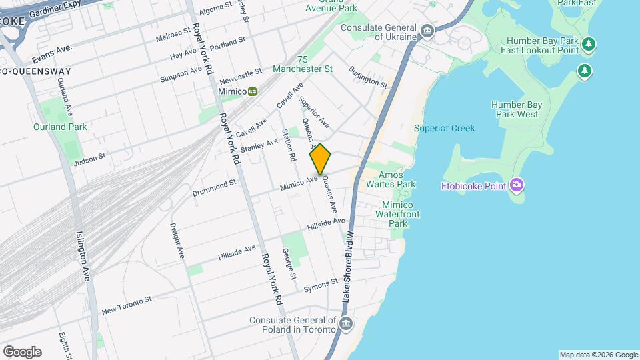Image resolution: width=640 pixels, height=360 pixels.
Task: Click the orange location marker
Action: (320, 159)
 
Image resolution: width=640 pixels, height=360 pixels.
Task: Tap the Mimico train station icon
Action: (253, 92)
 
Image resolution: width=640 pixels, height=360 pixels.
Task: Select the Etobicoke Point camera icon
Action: (516, 185)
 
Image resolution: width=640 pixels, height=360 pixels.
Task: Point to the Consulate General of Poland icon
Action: (345, 325)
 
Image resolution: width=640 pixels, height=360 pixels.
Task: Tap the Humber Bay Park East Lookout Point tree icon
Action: (588, 45)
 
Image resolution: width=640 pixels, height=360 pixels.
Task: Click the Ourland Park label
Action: (60, 127)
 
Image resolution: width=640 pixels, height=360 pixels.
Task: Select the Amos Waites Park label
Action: (397, 179)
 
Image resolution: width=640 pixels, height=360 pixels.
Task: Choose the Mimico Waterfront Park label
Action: (397, 214)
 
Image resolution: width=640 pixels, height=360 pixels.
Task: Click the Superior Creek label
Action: (444, 128)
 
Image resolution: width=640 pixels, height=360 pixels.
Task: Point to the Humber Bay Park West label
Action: (514, 109)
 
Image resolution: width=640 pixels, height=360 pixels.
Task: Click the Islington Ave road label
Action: (83, 257)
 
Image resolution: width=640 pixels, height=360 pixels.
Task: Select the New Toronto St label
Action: (127, 306)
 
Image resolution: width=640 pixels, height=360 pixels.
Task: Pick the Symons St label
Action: (321, 285)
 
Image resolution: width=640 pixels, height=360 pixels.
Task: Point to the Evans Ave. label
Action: (50, 49)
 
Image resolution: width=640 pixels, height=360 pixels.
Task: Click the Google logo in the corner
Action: (22, 352)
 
